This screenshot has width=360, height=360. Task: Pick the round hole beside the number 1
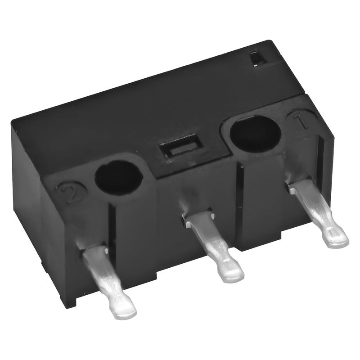(256, 134)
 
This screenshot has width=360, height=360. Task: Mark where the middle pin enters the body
(198, 218)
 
